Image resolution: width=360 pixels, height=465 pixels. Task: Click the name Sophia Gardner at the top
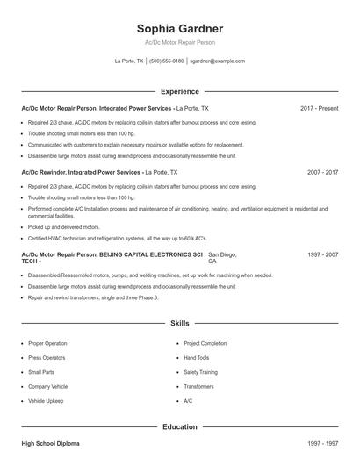tap(179, 29)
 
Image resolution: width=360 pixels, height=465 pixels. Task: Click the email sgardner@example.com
tap(217, 61)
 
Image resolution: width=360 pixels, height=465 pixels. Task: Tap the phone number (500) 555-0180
tap(166, 61)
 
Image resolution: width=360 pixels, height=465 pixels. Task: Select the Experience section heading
tap(179, 91)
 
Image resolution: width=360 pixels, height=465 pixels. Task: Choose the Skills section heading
tap(179, 324)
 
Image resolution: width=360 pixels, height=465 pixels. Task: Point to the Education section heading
tap(179, 426)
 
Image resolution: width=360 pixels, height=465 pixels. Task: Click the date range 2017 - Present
tap(319, 108)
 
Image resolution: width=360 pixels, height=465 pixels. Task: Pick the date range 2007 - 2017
tap(322, 173)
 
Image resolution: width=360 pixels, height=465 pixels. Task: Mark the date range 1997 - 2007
tap(322, 254)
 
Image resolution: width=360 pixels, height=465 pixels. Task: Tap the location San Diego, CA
tap(222, 258)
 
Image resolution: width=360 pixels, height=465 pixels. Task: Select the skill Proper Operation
tap(47, 344)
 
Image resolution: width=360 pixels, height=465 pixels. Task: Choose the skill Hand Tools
tap(197, 358)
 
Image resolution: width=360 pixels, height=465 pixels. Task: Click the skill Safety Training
tap(201, 372)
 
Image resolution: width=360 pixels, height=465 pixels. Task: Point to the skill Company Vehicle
tap(48, 386)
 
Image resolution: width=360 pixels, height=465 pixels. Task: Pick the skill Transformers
tap(198, 386)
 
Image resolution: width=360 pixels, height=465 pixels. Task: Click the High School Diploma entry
tap(50, 444)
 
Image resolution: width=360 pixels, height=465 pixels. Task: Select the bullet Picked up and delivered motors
tap(63, 226)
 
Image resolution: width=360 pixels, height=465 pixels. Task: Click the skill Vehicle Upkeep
tap(47, 400)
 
